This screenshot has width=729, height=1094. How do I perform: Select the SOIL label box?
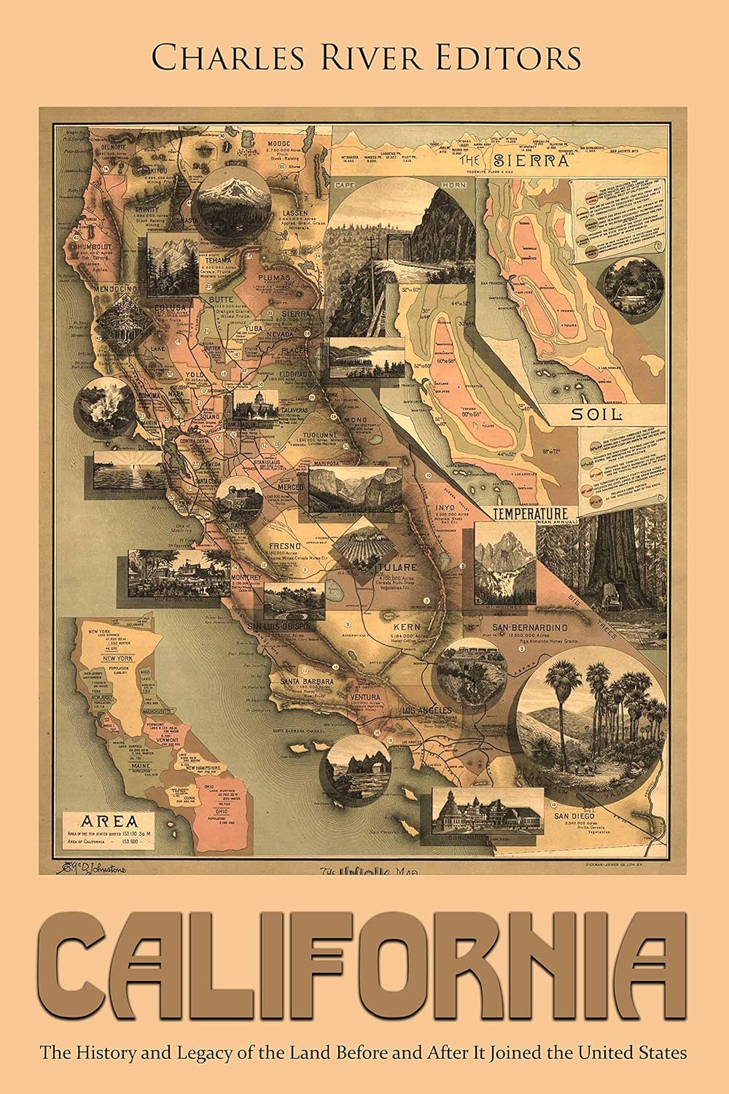(597, 415)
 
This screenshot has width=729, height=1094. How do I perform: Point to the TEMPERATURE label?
(529, 512)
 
